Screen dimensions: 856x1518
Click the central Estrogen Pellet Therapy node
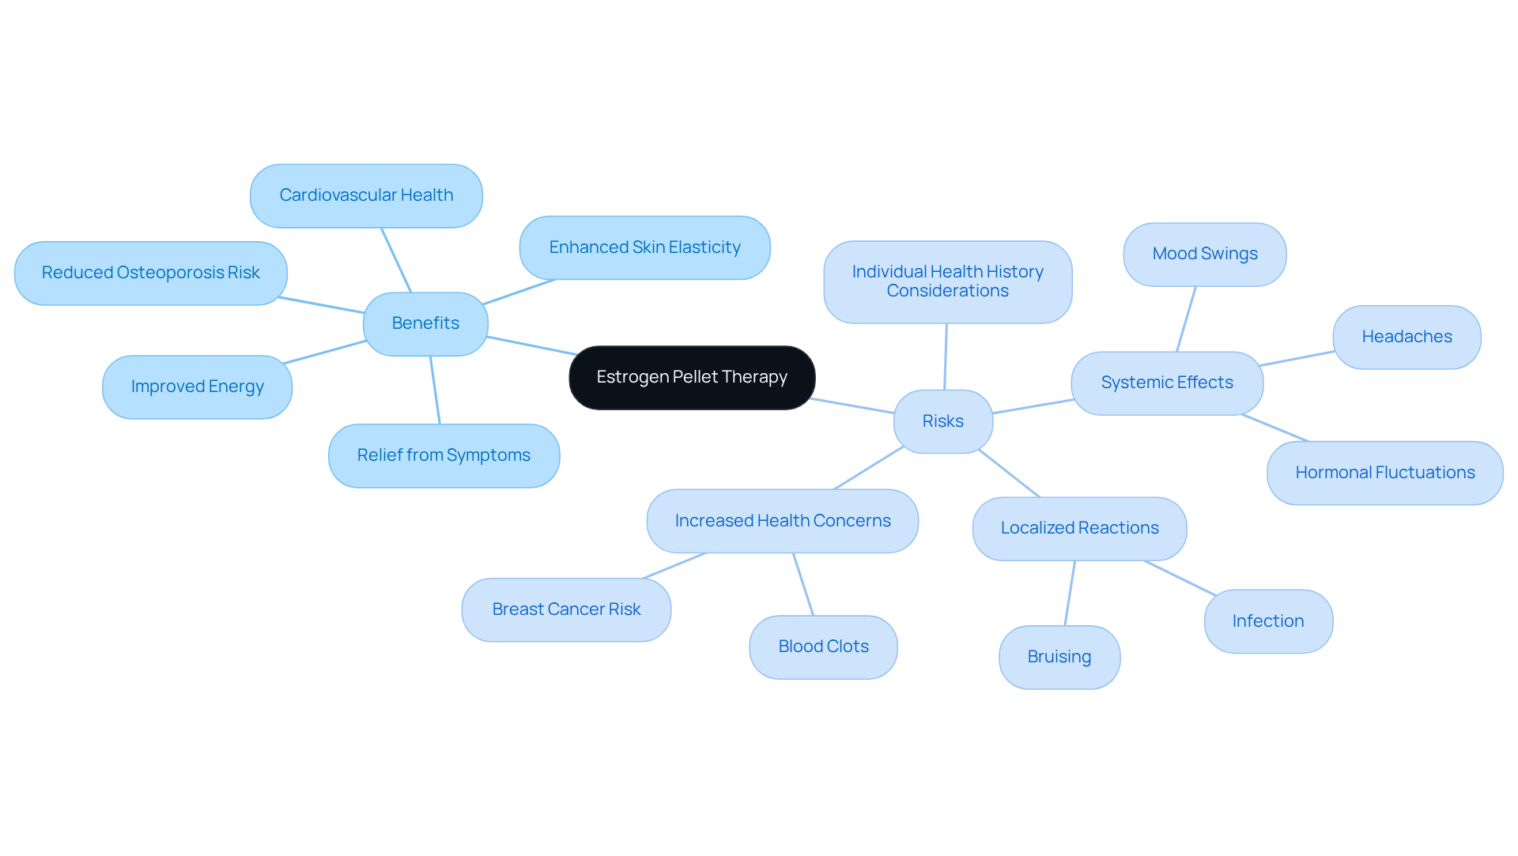(x=692, y=378)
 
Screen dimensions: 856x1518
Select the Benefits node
(x=425, y=323)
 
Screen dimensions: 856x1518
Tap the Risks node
(x=942, y=421)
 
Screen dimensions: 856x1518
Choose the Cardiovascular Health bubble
(x=366, y=195)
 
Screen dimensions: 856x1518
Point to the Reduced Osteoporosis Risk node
(x=150, y=273)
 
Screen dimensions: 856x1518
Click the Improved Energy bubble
(x=197, y=387)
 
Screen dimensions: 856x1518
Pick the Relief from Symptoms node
(x=444, y=455)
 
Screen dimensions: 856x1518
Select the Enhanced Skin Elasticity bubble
(x=644, y=247)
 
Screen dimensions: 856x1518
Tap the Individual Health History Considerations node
(x=947, y=281)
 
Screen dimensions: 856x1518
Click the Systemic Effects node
(x=1167, y=383)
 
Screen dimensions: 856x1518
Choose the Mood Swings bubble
(x=1204, y=254)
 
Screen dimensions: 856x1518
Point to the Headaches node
(x=1407, y=337)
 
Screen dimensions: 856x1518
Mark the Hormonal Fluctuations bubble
(x=1384, y=473)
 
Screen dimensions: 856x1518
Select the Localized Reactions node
(x=1079, y=528)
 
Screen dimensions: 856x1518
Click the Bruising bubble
(x=1059, y=657)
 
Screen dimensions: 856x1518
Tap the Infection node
(x=1267, y=621)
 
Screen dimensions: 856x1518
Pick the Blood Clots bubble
(x=823, y=647)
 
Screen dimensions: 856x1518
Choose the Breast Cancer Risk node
(x=566, y=609)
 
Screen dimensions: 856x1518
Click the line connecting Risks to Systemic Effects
(x=1033, y=406)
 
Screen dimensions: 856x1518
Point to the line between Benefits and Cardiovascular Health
(x=396, y=260)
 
